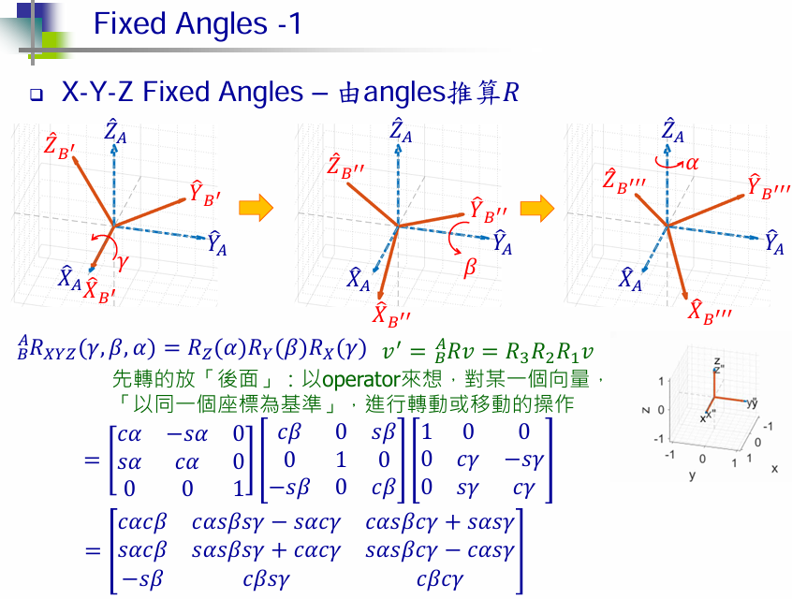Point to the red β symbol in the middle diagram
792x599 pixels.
pyautogui.click(x=470, y=268)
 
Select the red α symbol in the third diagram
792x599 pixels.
pyautogui.click(x=693, y=162)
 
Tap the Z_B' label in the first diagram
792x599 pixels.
pyautogui.click(x=59, y=147)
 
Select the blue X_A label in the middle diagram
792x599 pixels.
pyautogui.click(x=359, y=278)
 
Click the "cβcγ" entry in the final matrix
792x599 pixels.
pyautogui.click(x=440, y=579)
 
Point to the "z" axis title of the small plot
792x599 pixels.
pyautogui.click(x=646, y=409)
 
